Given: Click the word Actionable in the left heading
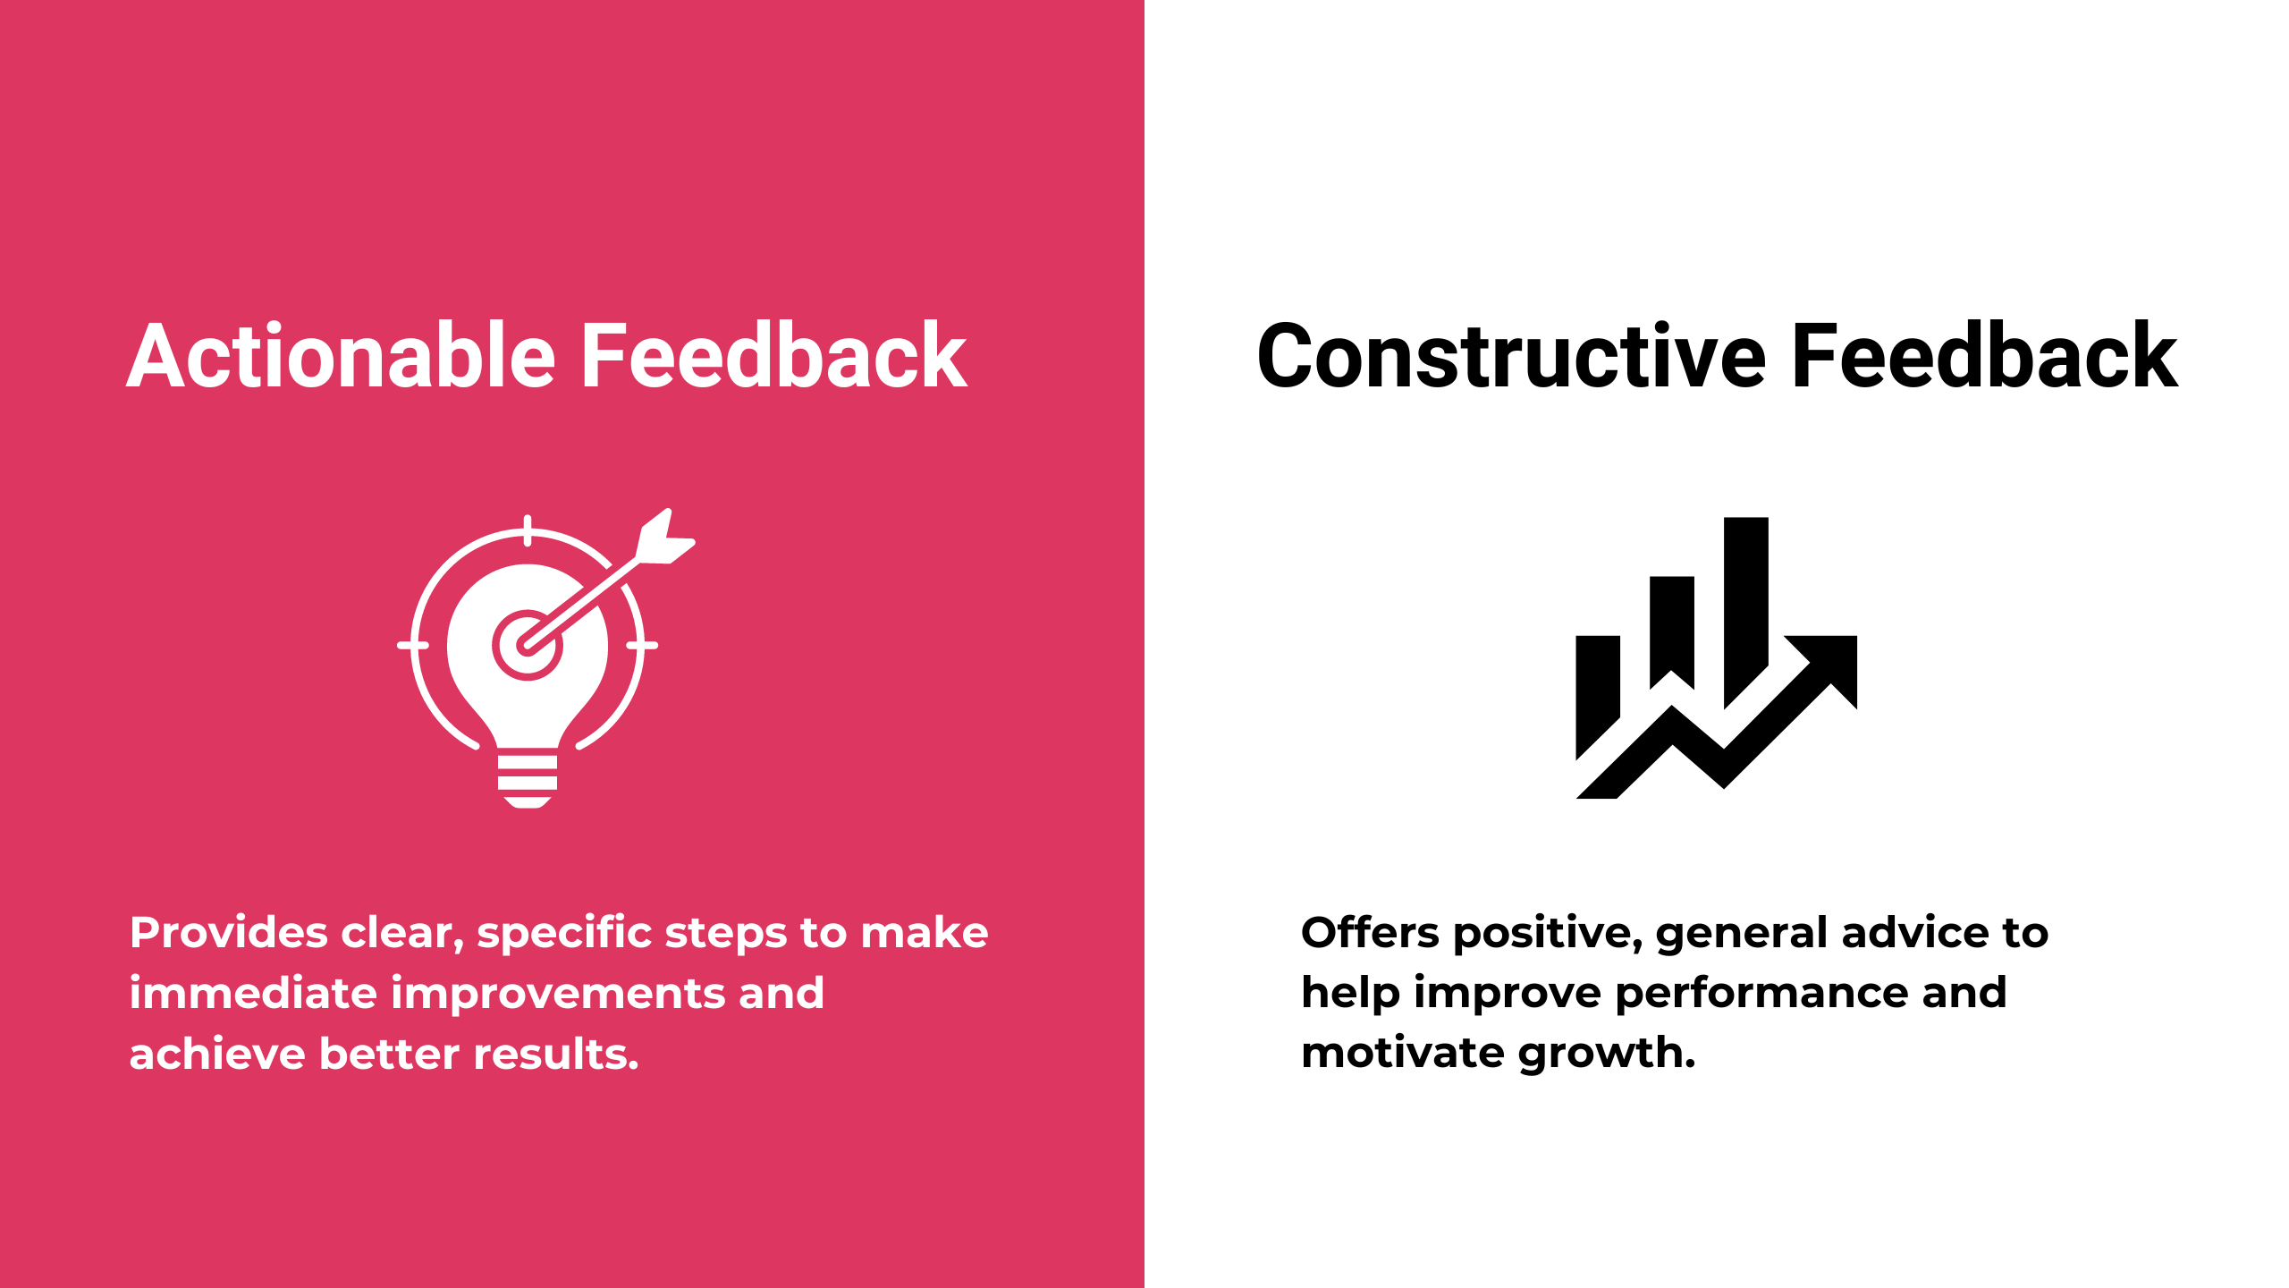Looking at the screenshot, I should [x=342, y=356].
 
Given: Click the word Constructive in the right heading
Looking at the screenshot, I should [x=1511, y=356].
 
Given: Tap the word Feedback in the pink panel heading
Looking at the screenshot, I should [x=774, y=356].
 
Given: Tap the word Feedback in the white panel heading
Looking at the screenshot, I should [x=1985, y=356].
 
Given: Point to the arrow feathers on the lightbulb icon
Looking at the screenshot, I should [x=665, y=537].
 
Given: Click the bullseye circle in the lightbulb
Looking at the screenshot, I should [x=527, y=645].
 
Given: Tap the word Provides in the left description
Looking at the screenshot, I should [x=228, y=933].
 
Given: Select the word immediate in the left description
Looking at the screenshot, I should [x=253, y=993].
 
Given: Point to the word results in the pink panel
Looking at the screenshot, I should [x=555, y=1054].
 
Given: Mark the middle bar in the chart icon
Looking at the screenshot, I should [x=1671, y=626].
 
